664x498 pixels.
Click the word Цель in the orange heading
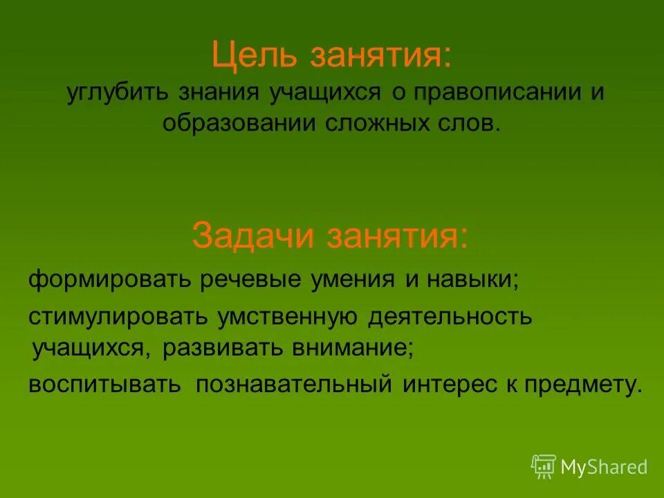click(254, 55)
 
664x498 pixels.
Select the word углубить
click(118, 93)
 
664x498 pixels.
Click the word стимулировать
click(118, 317)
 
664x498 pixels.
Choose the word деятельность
click(450, 317)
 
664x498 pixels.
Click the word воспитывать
click(104, 385)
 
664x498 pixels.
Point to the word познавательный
click(294, 385)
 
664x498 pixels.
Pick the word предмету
click(588, 385)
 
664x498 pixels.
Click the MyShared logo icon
click(544, 466)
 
